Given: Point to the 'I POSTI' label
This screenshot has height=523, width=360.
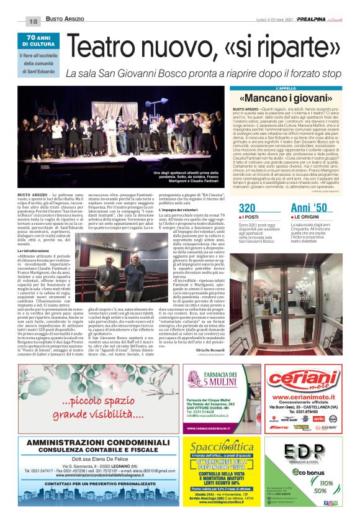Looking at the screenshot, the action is [250, 217].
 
